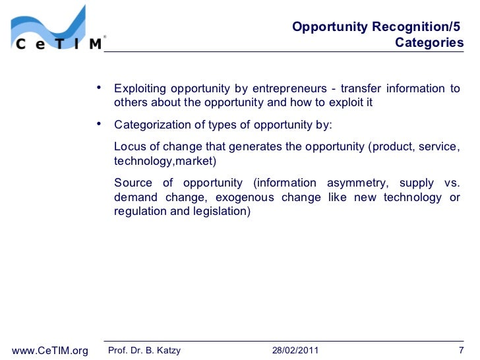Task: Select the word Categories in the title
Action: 429,44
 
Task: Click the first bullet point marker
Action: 98,88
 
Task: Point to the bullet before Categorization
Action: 98,123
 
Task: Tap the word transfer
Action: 360,89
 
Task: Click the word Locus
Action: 129,146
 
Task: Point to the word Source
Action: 133,183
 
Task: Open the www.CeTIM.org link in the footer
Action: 51,350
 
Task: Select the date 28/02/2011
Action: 295,350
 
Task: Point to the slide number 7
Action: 461,350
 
